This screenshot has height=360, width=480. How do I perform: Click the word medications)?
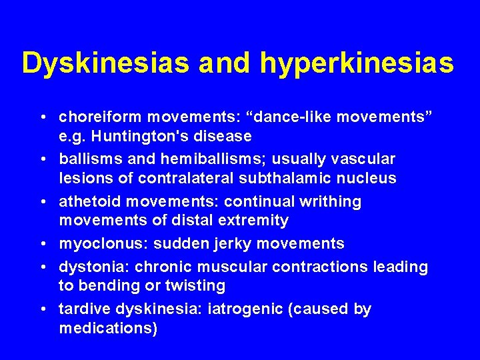(108, 329)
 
